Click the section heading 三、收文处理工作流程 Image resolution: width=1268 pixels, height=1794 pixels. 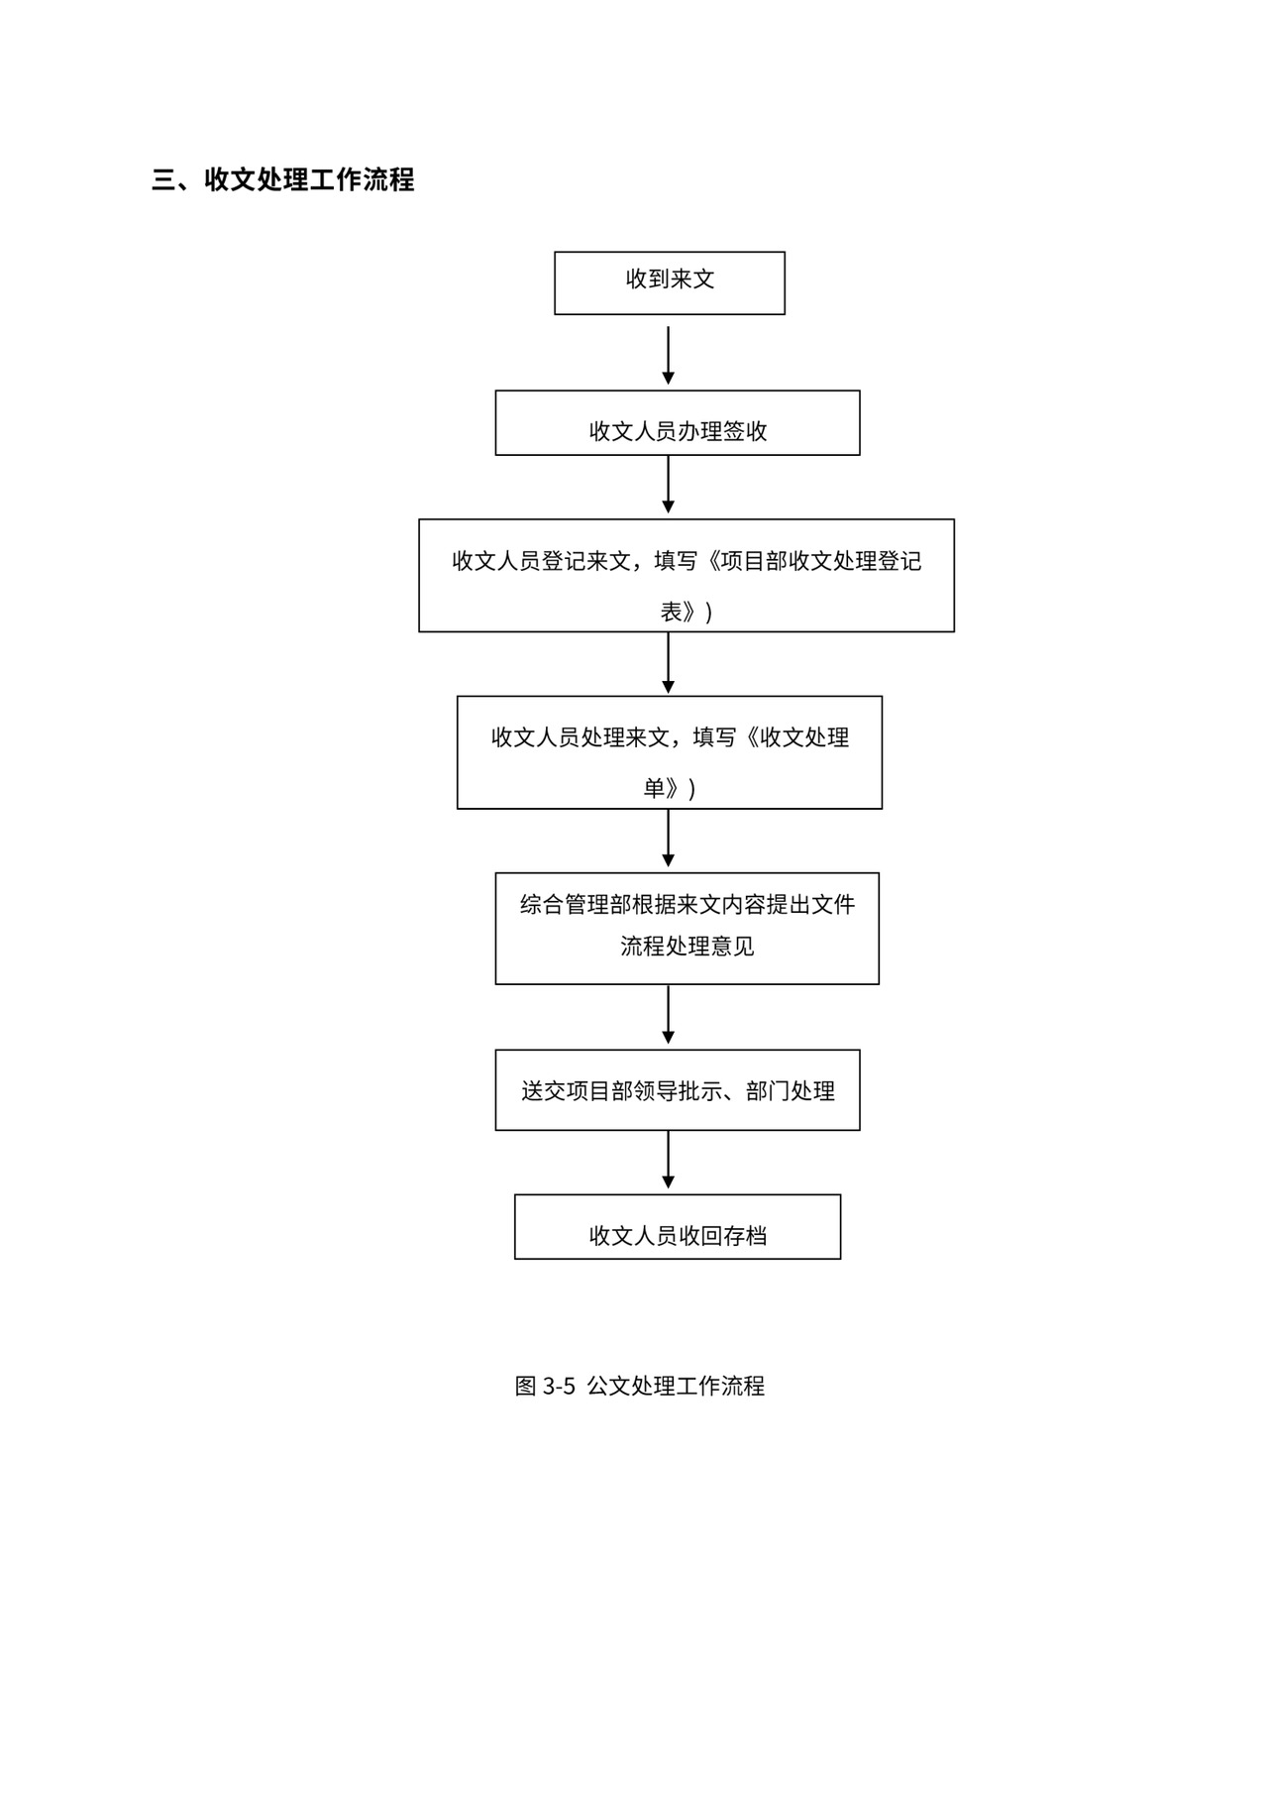pyautogui.click(x=283, y=179)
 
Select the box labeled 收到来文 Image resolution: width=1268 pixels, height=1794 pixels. pyautogui.click(x=669, y=282)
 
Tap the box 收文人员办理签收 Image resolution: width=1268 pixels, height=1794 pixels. pyautogui.click(x=677, y=423)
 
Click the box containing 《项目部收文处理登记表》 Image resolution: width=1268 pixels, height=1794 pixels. pyautogui.click(x=686, y=575)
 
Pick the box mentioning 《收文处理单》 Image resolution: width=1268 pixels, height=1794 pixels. pyautogui.click(x=669, y=752)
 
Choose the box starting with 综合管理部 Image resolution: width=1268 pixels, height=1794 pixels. pyautogui.click(x=687, y=928)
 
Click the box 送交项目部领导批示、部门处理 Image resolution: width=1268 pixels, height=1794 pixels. pyautogui.click(x=677, y=1089)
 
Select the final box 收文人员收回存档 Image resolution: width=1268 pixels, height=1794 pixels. pyautogui.click(x=677, y=1226)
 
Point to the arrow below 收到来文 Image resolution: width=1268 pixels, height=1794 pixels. pyautogui.click(x=668, y=355)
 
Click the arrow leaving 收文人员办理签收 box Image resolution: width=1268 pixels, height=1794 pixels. pyautogui.click(x=668, y=485)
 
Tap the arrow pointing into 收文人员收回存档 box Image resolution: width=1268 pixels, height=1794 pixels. pyautogui.click(x=668, y=1160)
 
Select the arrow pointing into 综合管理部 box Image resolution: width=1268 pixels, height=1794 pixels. pyautogui.click(x=668, y=839)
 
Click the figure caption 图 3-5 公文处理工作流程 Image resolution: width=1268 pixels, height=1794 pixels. pyautogui.click(x=639, y=1386)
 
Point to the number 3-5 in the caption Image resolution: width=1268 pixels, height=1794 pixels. pyautogui.click(x=559, y=1386)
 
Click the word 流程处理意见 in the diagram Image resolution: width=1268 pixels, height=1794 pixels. pyautogui.click(x=687, y=947)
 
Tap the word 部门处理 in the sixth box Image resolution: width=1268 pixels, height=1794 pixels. pyautogui.click(x=791, y=1091)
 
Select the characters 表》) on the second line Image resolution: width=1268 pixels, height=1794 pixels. pyautogui.click(x=686, y=613)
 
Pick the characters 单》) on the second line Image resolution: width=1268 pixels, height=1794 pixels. pyautogui.click(x=669, y=789)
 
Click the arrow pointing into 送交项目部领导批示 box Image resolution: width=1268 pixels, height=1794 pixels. pyautogui.click(x=668, y=1015)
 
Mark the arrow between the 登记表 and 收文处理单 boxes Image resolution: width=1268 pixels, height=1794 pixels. pyautogui.click(x=668, y=663)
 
